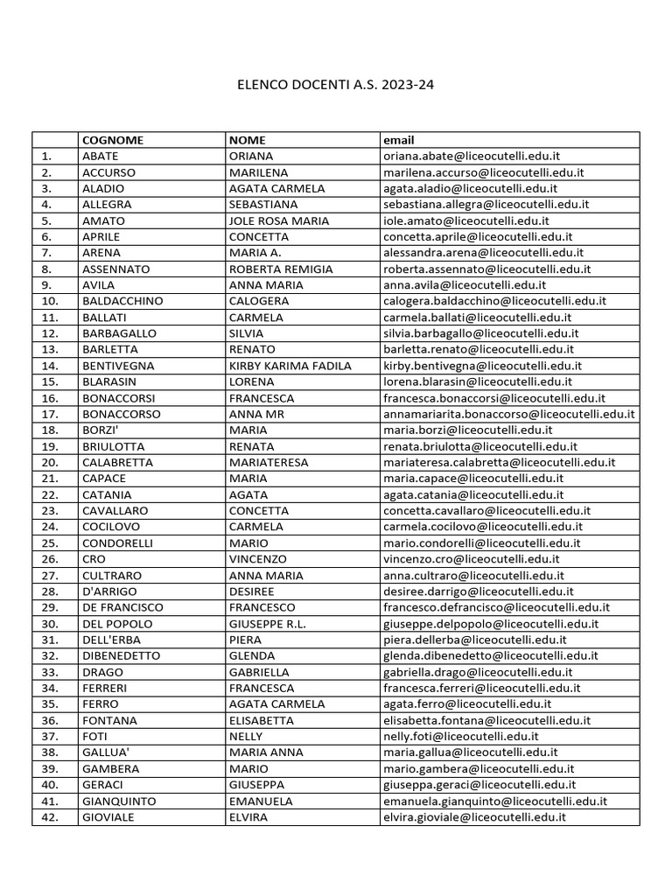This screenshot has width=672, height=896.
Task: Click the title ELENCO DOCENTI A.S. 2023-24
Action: click(x=336, y=86)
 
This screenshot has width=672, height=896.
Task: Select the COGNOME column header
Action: click(x=112, y=140)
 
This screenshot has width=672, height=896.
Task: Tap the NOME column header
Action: click(x=247, y=140)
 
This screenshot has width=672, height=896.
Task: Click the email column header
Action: click(x=398, y=140)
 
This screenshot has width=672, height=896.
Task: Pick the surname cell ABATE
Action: click(x=100, y=156)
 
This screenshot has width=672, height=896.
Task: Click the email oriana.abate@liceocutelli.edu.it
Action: click(x=472, y=156)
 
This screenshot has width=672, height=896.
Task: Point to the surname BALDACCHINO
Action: click(x=122, y=301)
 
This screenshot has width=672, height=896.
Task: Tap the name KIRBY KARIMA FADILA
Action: click(x=290, y=366)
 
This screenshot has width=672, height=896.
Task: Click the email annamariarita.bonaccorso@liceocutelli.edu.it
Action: click(x=509, y=414)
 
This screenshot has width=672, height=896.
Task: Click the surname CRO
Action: click(x=94, y=559)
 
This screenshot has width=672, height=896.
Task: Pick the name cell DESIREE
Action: click(x=251, y=591)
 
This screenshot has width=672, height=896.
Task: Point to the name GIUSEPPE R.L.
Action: click(x=268, y=624)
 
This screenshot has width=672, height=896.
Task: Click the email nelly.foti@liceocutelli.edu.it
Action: click(x=461, y=737)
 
